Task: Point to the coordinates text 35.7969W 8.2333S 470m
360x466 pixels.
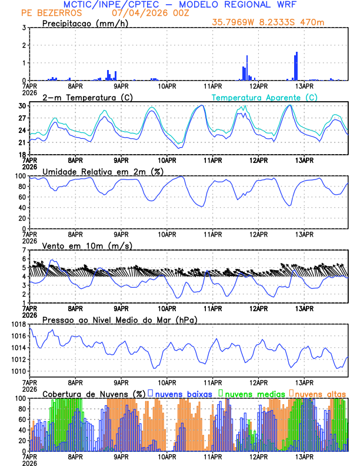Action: pyautogui.click(x=269, y=22)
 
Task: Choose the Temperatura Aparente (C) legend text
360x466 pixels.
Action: pyautogui.click(x=264, y=97)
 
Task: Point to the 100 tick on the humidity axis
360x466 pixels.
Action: pyautogui.click(x=20, y=176)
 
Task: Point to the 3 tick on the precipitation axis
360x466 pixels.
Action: pyautogui.click(x=24, y=28)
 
